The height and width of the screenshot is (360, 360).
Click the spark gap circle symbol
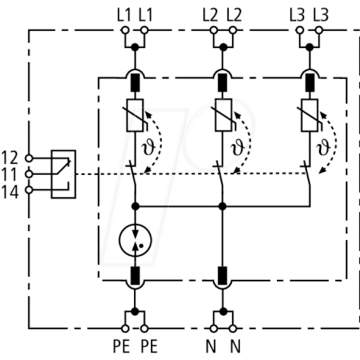tap(135, 240)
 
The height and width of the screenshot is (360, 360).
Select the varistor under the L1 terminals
tap(135, 115)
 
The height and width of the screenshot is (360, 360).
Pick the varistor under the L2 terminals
tap(223, 115)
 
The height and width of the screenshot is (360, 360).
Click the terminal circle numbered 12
tap(29, 158)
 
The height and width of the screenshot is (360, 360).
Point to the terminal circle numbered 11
tap(29, 174)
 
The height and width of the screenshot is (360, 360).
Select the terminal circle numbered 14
tap(29, 190)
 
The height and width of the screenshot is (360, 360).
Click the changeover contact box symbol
tap(64, 174)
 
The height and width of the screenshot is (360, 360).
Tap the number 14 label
tap(10, 192)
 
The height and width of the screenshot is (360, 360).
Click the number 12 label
tap(10, 157)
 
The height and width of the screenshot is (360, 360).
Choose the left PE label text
tap(121, 346)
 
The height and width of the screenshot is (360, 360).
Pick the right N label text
tap(235, 346)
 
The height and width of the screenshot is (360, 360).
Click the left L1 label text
tap(124, 15)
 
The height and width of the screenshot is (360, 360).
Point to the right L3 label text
tap(321, 15)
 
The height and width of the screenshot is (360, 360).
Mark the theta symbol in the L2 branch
tap(237, 147)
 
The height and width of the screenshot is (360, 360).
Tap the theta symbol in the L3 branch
tap(323, 147)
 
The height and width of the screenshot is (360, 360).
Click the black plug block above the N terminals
tap(222, 275)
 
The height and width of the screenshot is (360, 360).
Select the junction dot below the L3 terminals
tap(310, 47)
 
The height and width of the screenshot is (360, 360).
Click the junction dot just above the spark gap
tap(135, 206)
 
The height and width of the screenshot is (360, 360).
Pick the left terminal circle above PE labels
tap(125, 329)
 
